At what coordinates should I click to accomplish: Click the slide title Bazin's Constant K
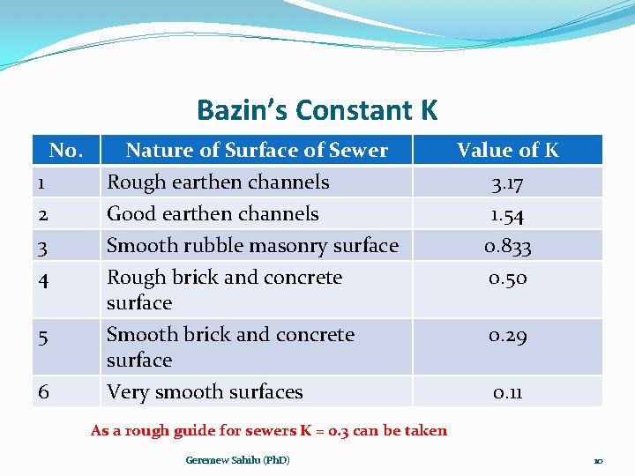(x=317, y=110)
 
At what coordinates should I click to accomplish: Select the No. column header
(x=66, y=150)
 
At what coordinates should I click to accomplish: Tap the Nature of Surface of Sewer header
(x=257, y=150)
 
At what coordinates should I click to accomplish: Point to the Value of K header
(x=507, y=150)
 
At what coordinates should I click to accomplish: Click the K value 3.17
(x=507, y=182)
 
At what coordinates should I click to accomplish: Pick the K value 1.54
(x=507, y=214)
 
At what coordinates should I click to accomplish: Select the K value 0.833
(x=507, y=246)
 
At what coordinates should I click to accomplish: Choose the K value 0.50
(x=507, y=278)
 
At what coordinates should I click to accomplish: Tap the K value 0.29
(x=507, y=335)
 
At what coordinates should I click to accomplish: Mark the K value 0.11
(x=507, y=392)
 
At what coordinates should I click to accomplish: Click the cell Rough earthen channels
(x=218, y=182)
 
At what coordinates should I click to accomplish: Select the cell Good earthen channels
(x=213, y=214)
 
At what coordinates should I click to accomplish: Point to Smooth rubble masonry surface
(x=252, y=246)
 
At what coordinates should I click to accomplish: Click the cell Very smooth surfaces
(x=205, y=392)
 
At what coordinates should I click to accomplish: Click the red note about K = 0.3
(x=269, y=431)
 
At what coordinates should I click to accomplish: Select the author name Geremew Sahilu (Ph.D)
(x=237, y=460)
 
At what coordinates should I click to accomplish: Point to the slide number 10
(x=597, y=461)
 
